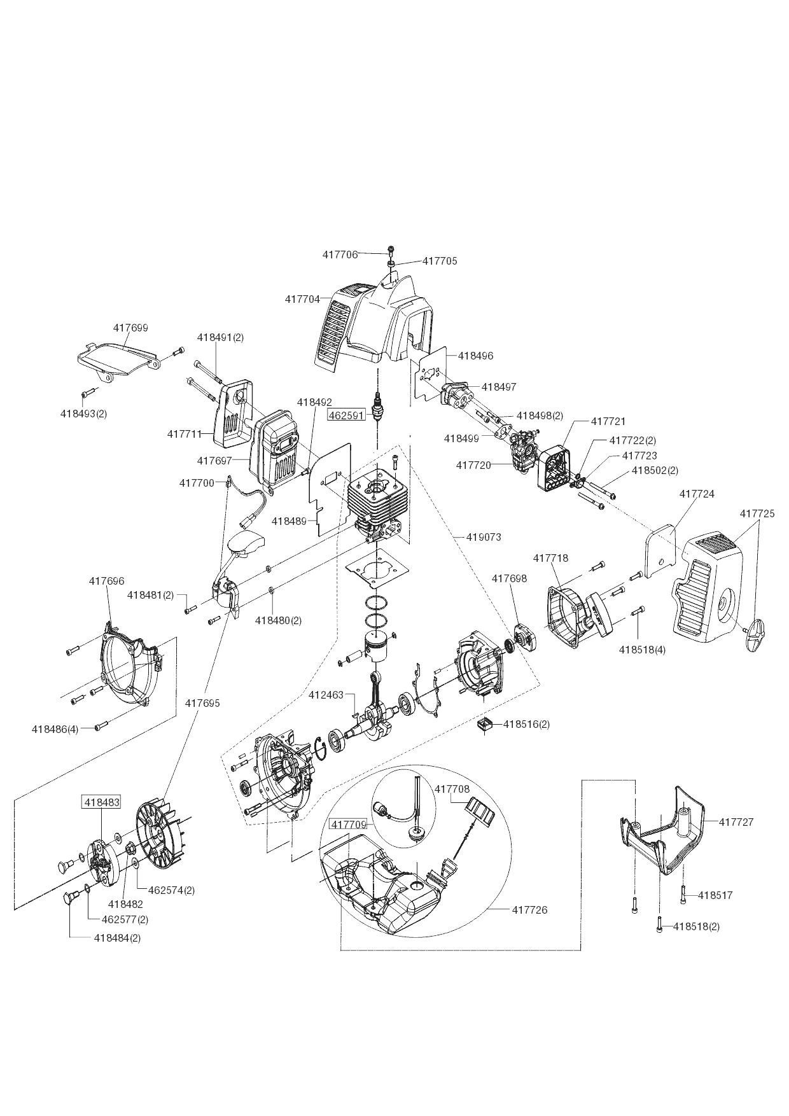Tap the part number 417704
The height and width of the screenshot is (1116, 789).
302,299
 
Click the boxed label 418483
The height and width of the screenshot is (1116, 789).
101,802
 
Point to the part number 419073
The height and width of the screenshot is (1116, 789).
484,537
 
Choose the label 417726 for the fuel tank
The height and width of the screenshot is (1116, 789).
529,910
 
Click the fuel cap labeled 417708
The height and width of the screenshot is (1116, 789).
480,811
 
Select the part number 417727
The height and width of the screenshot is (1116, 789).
736,822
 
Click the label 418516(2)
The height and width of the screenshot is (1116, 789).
527,724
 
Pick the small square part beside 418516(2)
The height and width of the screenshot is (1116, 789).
487,724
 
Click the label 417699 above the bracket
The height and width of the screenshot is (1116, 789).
130,328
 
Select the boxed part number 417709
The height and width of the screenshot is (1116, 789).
347,825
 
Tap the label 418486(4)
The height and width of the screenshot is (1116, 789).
55,729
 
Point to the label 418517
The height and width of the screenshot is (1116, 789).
715,895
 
